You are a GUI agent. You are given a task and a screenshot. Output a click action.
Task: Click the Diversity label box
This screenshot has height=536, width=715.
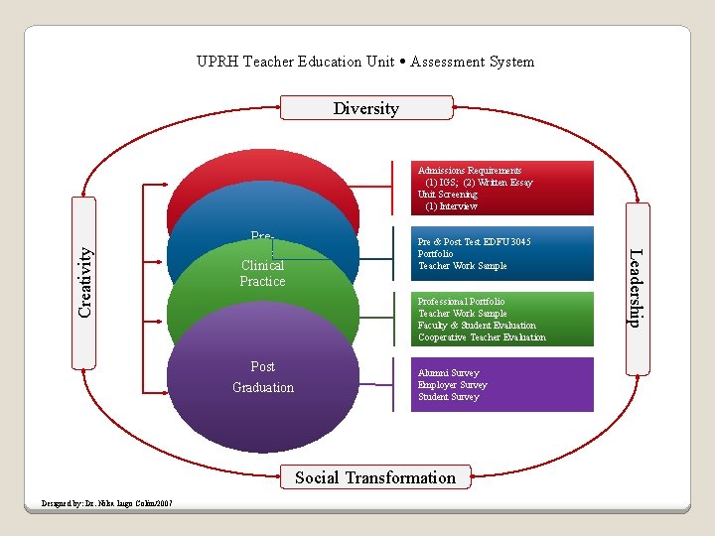366,108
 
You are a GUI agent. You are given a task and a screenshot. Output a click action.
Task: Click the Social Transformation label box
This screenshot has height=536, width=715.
375,477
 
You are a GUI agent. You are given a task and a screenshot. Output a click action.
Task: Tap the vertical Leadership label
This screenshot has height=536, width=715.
636,286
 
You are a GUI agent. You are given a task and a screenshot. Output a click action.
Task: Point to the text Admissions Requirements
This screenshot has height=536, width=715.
470,171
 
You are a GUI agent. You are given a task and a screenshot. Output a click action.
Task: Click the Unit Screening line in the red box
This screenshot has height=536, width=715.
448,195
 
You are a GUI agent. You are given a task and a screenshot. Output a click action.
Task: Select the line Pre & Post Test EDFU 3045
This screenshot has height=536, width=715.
475,242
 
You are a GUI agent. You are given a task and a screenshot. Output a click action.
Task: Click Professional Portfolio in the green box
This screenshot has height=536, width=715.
461,302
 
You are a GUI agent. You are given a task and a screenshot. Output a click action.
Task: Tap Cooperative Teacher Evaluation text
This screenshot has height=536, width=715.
482,337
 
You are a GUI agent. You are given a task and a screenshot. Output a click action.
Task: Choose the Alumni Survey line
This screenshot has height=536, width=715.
449,373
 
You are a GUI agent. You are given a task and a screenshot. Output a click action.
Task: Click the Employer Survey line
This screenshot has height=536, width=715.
453,385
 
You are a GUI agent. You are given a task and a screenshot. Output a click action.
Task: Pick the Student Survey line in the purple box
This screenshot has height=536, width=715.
449,397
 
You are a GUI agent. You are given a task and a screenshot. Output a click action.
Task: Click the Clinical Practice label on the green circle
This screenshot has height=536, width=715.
262,273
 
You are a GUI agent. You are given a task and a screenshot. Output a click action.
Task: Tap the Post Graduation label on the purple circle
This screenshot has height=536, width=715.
263,377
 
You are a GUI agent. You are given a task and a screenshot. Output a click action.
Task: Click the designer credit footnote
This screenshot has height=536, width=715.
106,503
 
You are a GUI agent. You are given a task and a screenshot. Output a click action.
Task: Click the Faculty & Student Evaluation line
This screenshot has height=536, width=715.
477,326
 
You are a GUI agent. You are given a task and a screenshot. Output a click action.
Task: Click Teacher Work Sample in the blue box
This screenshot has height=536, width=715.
463,266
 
